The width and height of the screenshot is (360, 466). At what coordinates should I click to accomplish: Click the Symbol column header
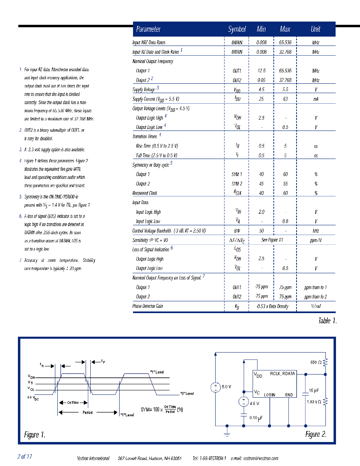[x=237, y=29]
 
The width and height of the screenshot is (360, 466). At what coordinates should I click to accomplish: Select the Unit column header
[x=315, y=29]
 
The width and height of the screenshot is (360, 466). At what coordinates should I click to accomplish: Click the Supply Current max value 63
[x=285, y=99]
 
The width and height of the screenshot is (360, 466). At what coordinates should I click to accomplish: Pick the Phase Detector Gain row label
[x=148, y=306]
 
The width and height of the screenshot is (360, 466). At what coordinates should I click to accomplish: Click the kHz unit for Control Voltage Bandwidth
[x=315, y=231]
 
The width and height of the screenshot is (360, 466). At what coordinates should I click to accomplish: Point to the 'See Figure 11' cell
[x=272, y=240]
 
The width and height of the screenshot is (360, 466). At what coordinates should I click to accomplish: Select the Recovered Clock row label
[x=145, y=193]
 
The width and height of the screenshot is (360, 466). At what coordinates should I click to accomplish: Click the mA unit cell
[x=315, y=99]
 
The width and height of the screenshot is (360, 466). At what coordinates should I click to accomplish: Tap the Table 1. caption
[x=327, y=321]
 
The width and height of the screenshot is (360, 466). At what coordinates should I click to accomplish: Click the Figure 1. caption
[x=35, y=435]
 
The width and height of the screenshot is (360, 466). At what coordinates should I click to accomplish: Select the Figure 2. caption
[x=316, y=434]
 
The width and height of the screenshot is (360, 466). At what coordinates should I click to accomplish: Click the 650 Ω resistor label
[x=316, y=362]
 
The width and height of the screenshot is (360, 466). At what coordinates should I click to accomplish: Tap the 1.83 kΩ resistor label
[x=314, y=402]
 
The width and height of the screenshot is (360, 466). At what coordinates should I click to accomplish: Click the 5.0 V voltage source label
[x=227, y=387]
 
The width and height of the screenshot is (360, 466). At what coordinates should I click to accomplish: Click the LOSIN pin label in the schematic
[x=270, y=395]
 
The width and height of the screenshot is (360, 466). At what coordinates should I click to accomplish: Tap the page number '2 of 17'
[x=24, y=457]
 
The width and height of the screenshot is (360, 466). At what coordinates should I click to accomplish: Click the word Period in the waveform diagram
[x=87, y=412]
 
